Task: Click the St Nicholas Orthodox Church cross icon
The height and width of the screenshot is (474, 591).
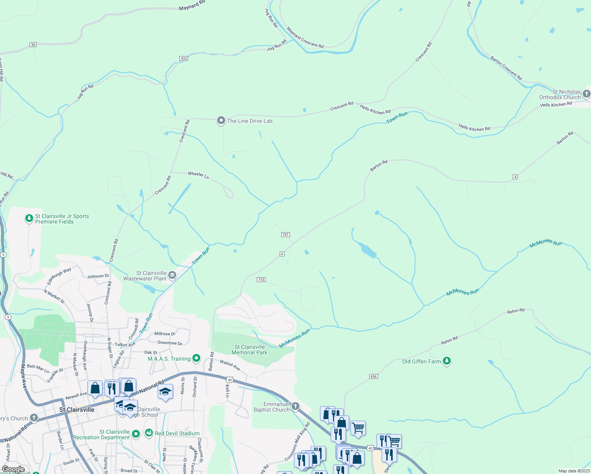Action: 586,94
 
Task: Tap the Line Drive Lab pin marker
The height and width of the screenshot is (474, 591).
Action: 221,120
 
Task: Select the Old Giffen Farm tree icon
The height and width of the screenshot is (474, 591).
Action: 447,361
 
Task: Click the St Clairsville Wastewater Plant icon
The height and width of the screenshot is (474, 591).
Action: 172,275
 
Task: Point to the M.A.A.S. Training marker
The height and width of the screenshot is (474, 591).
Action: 196,358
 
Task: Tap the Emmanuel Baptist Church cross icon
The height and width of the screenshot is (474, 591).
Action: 295,406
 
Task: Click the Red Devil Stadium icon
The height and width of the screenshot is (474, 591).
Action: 149,433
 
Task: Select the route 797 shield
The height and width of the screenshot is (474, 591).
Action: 286,235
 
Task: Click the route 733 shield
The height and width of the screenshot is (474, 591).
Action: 261,280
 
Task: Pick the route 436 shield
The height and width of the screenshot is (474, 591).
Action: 373,376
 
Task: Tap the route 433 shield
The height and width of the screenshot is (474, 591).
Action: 183,58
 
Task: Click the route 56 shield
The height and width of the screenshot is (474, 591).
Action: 33,45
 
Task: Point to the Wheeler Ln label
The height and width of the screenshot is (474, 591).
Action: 198,175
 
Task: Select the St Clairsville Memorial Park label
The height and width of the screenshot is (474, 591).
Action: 249,350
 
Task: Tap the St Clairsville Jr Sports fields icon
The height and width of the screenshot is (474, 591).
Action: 29,218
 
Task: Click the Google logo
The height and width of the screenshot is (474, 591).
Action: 13,469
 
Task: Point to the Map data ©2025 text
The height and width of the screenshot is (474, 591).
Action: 574,471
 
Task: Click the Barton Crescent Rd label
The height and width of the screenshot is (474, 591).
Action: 506,68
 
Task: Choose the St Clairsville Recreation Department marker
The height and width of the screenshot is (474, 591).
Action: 136,434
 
